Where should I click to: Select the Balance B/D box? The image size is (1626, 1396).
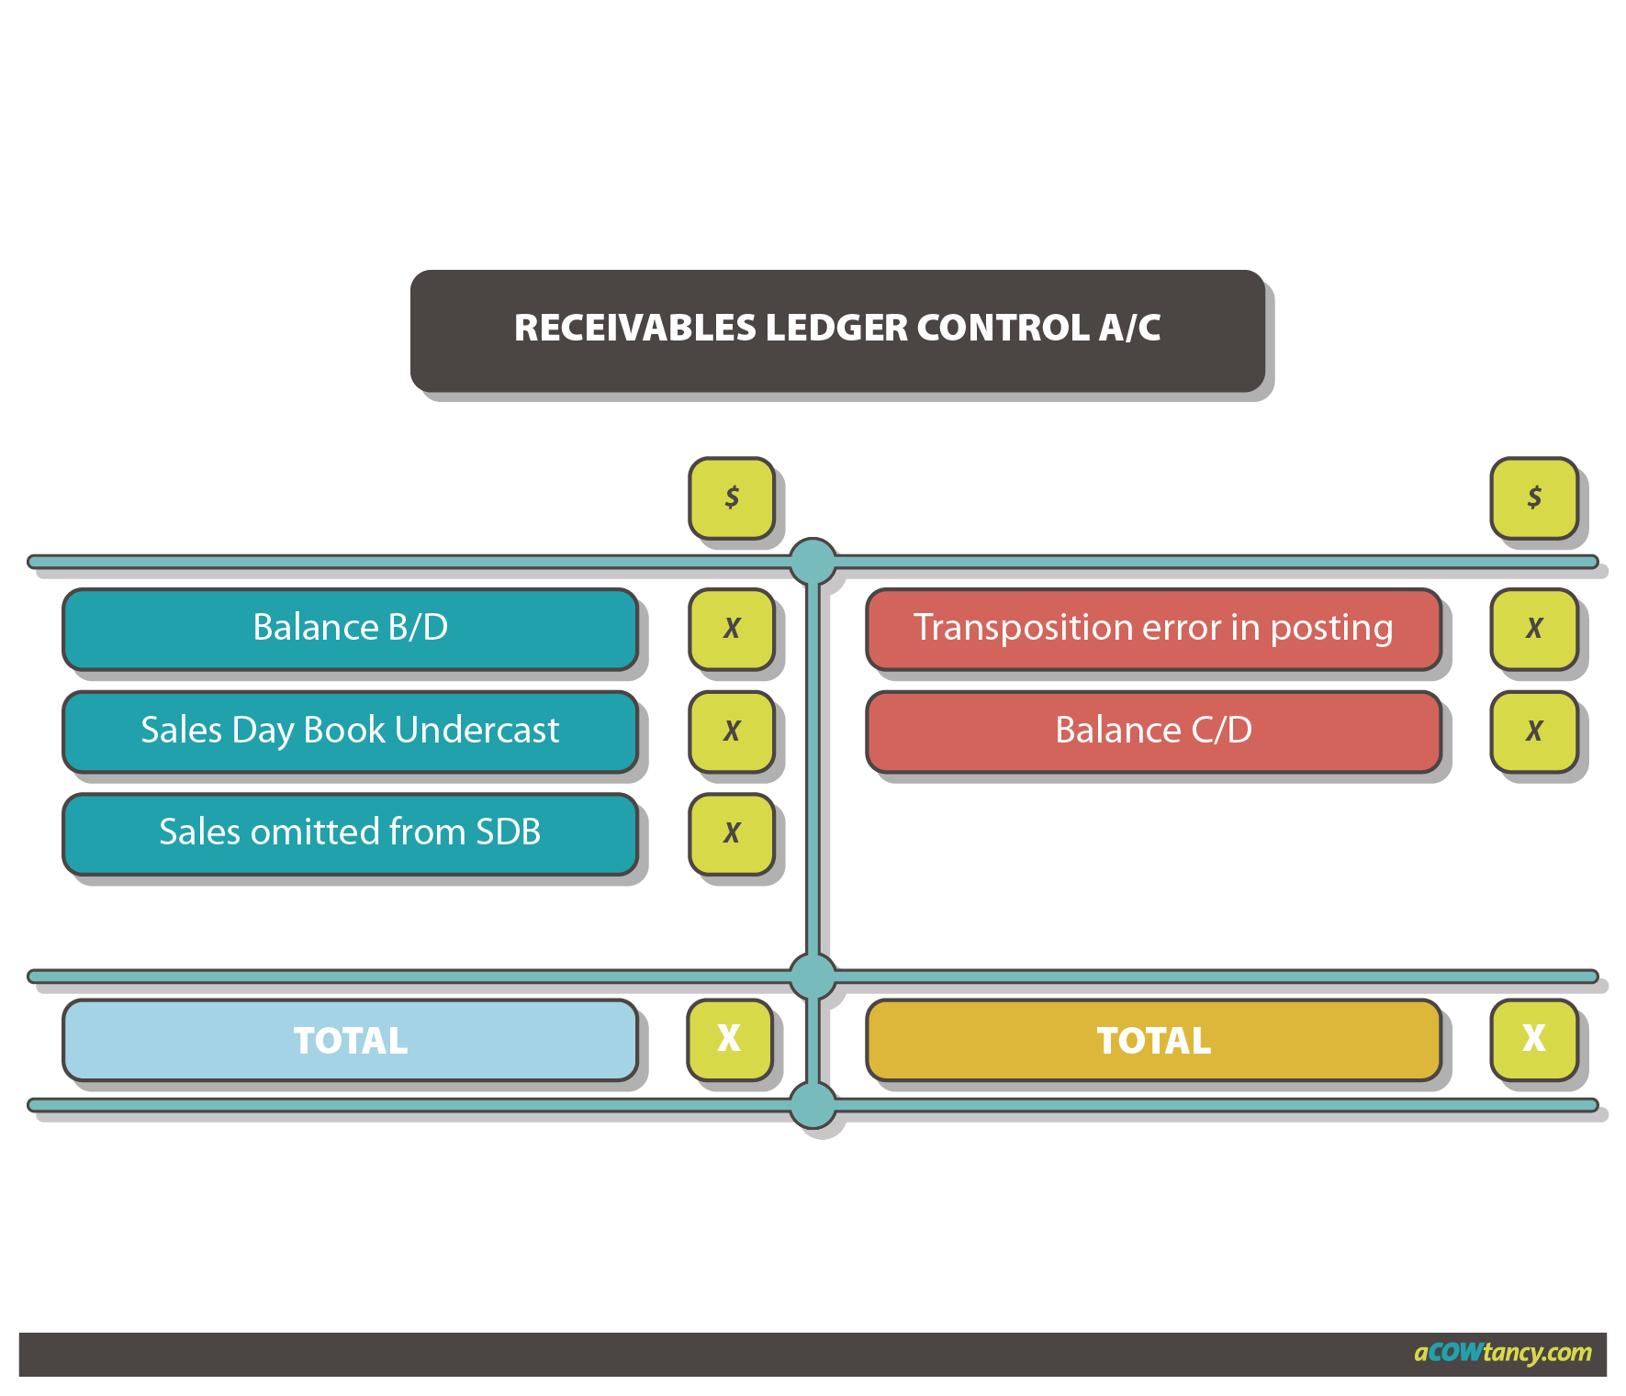coord(350,628)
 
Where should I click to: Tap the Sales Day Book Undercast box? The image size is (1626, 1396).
coord(350,731)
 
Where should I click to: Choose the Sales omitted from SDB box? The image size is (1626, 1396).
coord(350,832)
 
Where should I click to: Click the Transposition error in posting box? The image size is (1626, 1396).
coord(1153,628)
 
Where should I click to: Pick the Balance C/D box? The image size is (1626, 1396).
coord(1153,731)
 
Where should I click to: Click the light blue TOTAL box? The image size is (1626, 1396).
coord(350,1040)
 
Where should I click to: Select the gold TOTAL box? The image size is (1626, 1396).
coord(1153,1040)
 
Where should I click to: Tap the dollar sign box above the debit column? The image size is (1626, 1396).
coord(732,497)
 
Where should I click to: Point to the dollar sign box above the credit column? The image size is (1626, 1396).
coord(1534,497)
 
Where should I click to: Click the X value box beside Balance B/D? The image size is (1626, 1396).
coord(732,629)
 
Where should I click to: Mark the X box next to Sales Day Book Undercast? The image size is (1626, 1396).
coord(732,732)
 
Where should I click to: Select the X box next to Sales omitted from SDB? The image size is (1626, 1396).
coord(732,833)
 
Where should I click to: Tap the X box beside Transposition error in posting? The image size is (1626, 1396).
coord(1534,629)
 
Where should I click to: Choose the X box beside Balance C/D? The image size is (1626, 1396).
coord(1534,732)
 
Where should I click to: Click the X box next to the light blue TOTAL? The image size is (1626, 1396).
coord(730,1039)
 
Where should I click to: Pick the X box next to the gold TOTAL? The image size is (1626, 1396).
coord(1534,1039)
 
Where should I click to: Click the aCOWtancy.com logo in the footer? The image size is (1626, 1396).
coord(1502,1353)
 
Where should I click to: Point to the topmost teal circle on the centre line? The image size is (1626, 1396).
coord(813,560)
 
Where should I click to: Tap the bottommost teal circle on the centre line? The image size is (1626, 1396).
coord(813,1104)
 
